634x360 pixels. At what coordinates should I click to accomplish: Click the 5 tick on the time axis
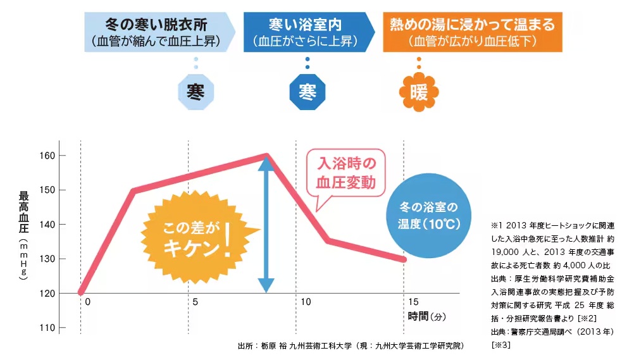pyautogui.click(x=195, y=302)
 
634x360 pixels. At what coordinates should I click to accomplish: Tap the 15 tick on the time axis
pyautogui.click(x=413, y=302)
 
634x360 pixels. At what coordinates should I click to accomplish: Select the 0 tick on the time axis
pyautogui.click(x=87, y=302)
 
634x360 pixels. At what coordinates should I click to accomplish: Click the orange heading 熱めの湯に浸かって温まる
pyautogui.click(x=472, y=25)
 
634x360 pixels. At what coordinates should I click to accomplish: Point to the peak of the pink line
pyautogui.click(x=266, y=155)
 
